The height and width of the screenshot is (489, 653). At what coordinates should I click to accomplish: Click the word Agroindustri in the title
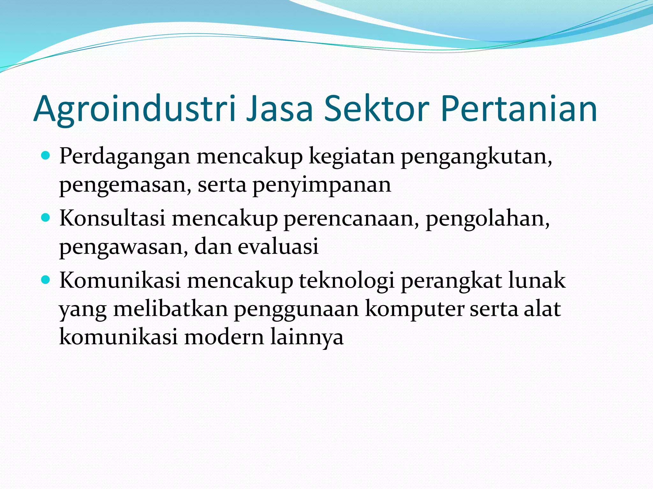click(134, 109)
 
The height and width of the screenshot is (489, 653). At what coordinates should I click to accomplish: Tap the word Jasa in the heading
click(279, 109)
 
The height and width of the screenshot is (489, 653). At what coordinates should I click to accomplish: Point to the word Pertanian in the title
click(519, 109)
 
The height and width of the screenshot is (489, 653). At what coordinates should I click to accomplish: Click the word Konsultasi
click(112, 218)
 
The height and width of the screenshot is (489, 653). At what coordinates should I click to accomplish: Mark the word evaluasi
click(278, 246)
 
